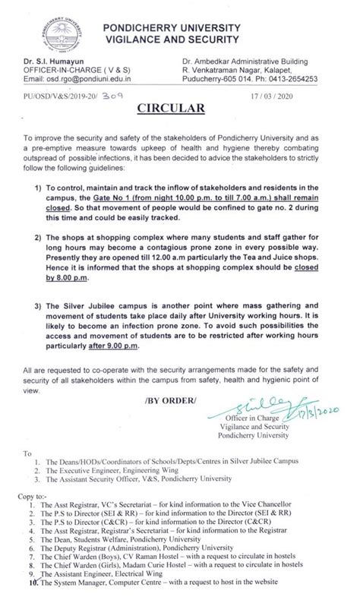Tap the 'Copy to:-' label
[x=42, y=495]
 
